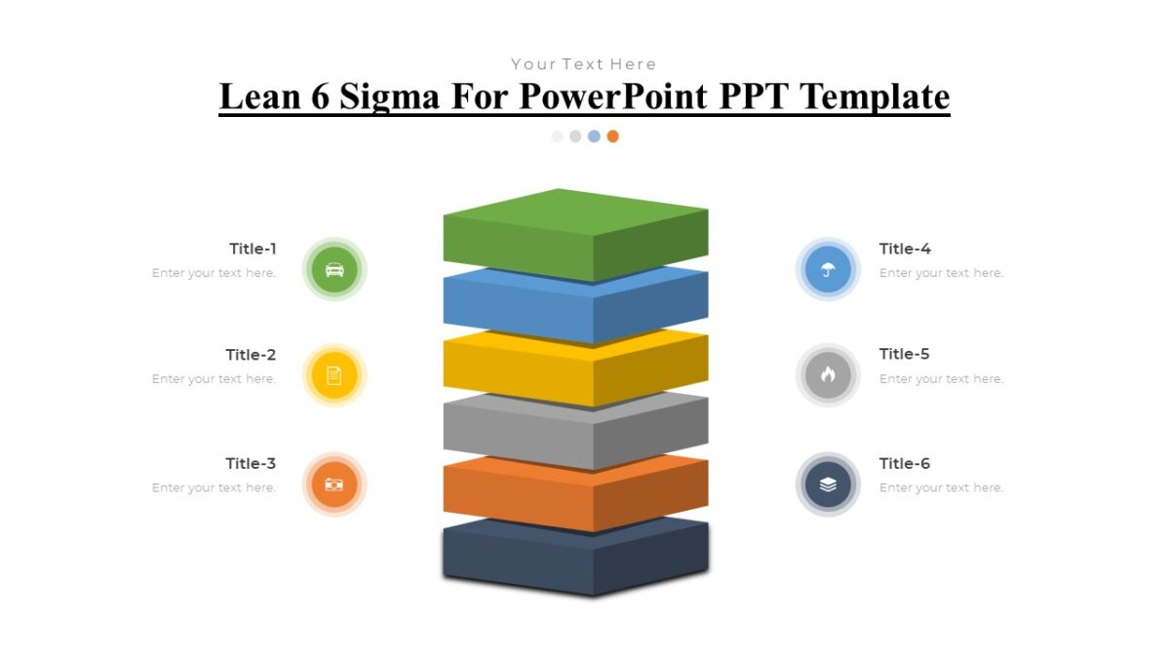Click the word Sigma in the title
coord(455,97)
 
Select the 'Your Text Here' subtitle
coord(584,64)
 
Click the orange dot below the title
coord(612,136)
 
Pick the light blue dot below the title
coord(594,136)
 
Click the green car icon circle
coord(334,270)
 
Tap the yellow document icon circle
coord(334,375)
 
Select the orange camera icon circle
coord(334,484)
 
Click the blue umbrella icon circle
coord(828,270)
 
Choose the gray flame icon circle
coord(828,375)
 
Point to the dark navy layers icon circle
coord(828,484)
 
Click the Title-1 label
coord(253,249)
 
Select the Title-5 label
coord(905,354)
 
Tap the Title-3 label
coord(251,463)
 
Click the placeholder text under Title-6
coord(941,487)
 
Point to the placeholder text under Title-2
coord(214,379)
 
